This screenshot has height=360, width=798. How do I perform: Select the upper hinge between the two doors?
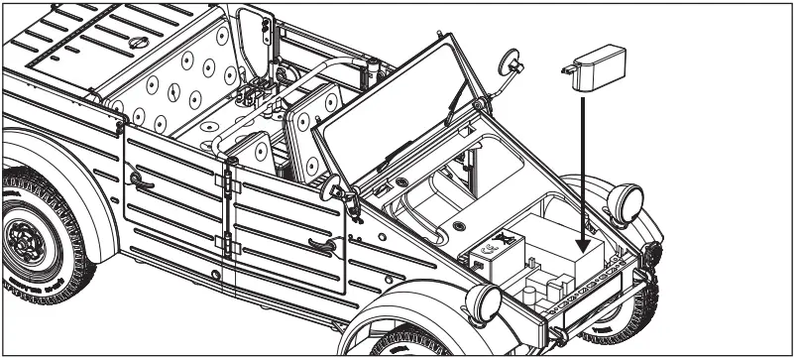[232, 185]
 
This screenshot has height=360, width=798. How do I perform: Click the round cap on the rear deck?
[140, 42]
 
